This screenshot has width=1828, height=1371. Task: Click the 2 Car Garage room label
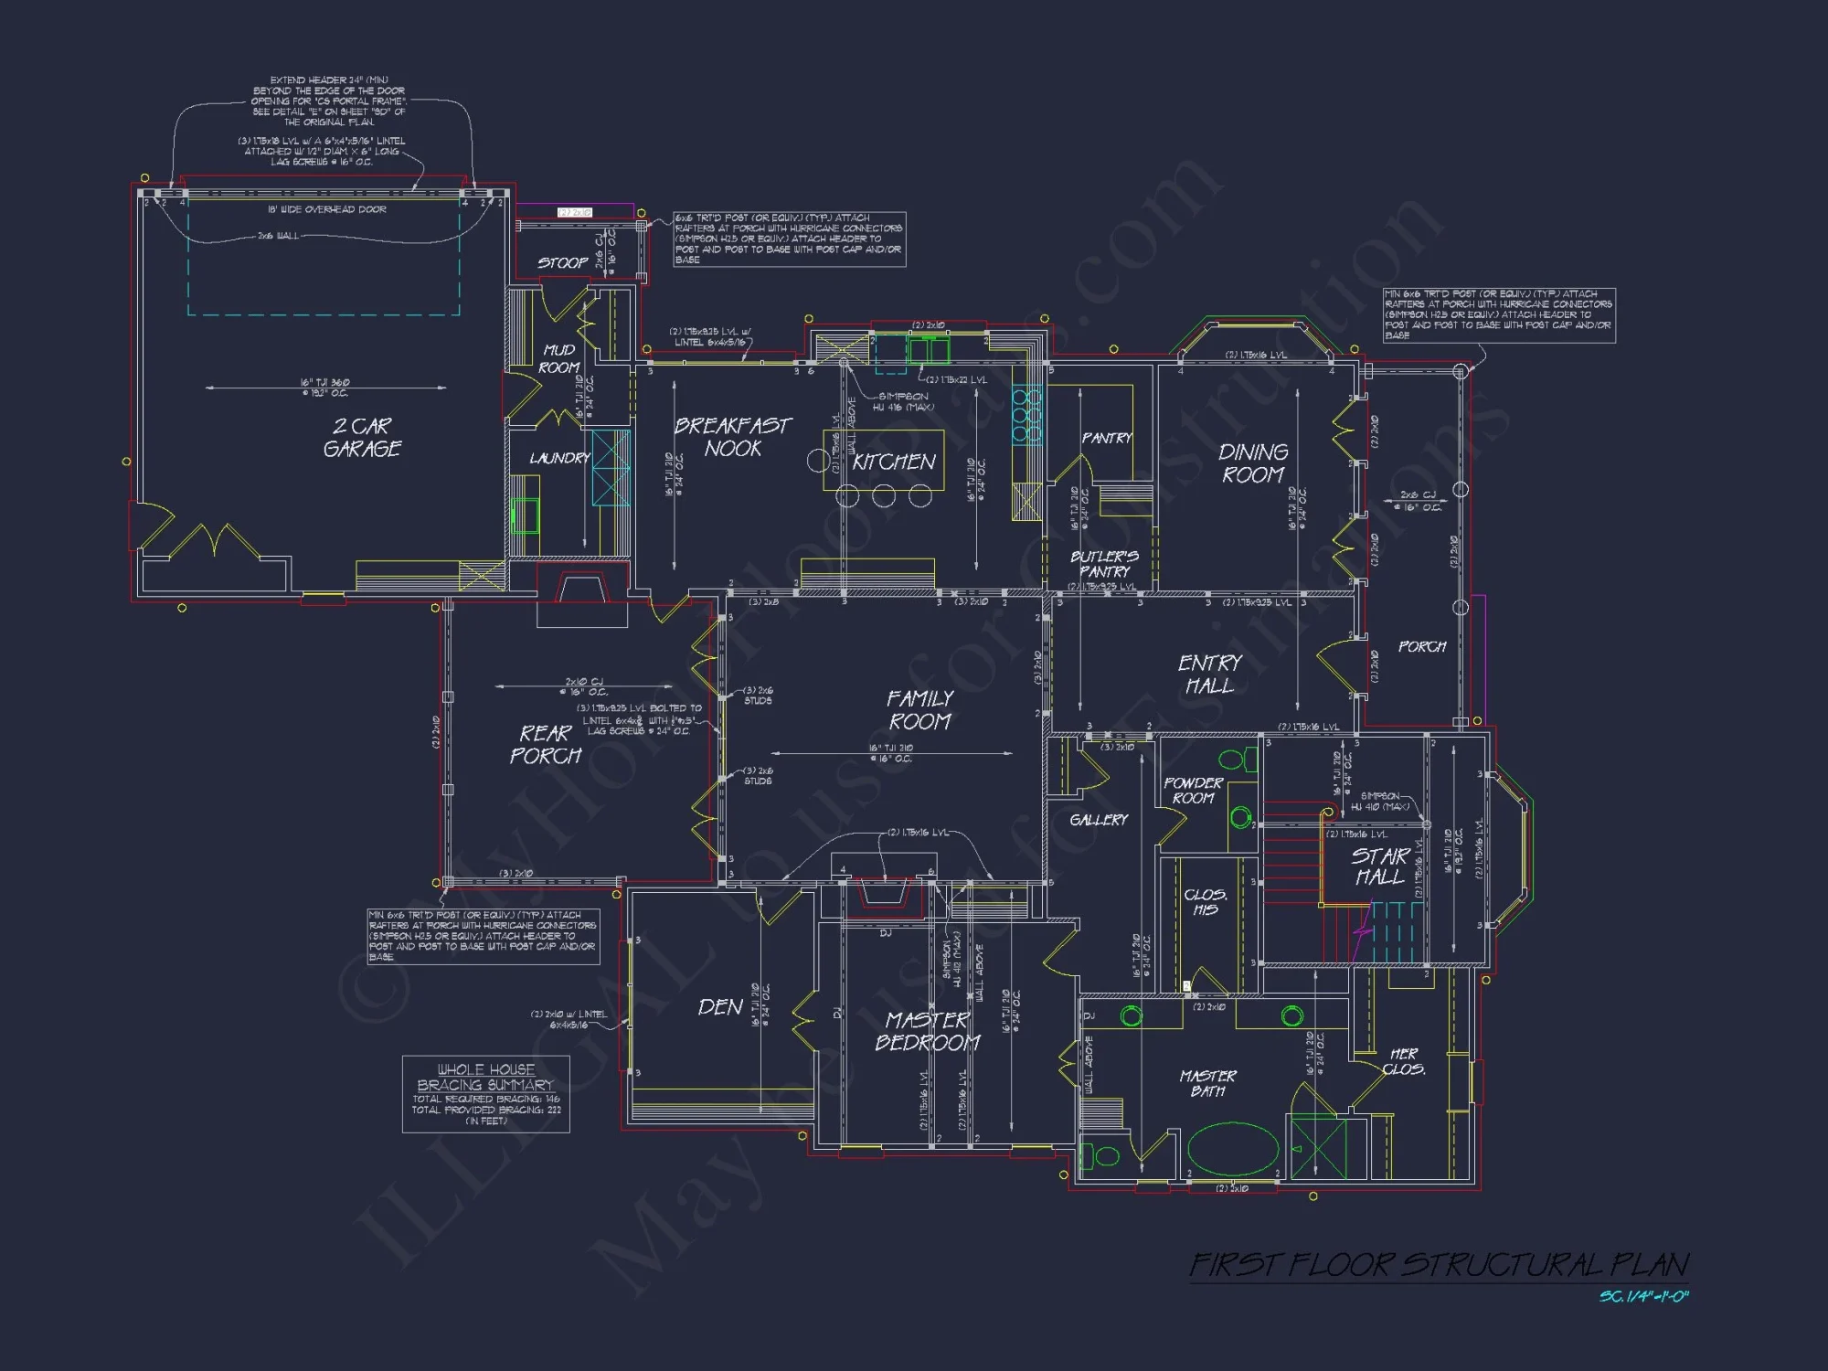pos(362,438)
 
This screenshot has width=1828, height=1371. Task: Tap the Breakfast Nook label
pos(732,437)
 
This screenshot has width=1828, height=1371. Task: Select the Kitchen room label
pos(894,462)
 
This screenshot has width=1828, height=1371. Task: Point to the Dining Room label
pos(1253,463)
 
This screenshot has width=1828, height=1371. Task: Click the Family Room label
pos(919,710)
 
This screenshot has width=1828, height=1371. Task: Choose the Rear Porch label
pos(546,745)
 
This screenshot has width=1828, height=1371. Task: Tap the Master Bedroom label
pos(928,1031)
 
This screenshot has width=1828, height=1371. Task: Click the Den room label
pos(720,1007)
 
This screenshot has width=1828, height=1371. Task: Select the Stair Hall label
pos(1379,866)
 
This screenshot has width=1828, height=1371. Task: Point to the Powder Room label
pos(1193,791)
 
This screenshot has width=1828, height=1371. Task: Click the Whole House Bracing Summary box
pos(485,1094)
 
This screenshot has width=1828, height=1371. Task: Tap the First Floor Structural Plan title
pos(1439,1265)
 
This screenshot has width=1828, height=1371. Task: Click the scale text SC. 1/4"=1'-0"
pos(1643,1297)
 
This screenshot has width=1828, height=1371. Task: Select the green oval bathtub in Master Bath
pos(1233,1149)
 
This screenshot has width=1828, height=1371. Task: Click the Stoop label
pos(562,263)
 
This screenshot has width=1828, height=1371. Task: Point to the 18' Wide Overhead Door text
pos(326,209)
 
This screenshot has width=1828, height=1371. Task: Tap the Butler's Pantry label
pos(1104,563)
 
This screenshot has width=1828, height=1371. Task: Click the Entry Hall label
pos(1209,674)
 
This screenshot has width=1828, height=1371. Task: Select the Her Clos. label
pos(1403,1061)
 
